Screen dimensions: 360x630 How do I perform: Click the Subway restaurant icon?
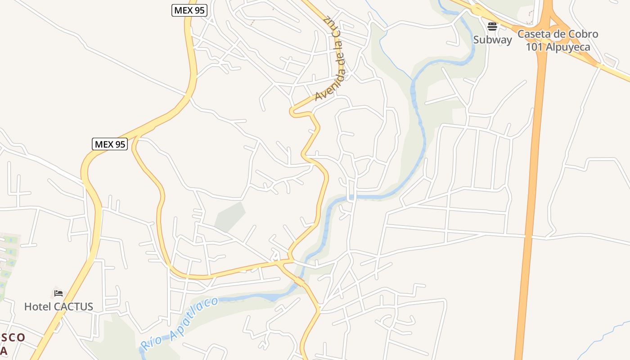(492, 26)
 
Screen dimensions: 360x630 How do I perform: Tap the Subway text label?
(492, 40)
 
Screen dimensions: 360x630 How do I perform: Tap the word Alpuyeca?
(567, 47)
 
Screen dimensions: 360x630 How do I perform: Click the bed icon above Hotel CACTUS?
(58, 293)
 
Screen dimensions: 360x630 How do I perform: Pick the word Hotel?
(37, 307)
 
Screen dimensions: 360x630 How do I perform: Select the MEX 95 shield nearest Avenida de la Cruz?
(189, 10)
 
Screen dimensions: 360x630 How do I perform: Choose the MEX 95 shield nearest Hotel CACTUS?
(110, 144)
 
